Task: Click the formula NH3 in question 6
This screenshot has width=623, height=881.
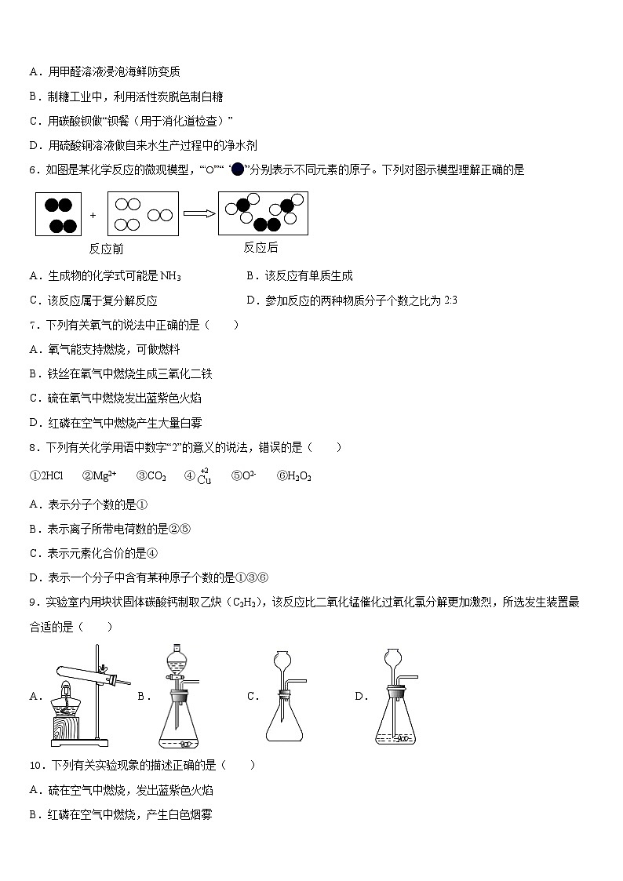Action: [x=170, y=276]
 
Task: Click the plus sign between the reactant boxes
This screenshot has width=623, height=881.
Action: [x=93, y=214]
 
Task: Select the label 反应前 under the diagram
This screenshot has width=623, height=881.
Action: [x=106, y=249]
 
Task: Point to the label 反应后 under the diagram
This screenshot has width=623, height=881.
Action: [x=260, y=247]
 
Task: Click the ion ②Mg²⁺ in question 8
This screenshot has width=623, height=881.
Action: [x=99, y=475]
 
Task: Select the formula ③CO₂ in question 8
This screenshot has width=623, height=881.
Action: [x=151, y=475]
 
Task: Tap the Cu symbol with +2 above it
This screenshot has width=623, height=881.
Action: [x=204, y=479]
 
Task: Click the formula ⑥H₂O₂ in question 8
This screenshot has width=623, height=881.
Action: [x=294, y=475]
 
